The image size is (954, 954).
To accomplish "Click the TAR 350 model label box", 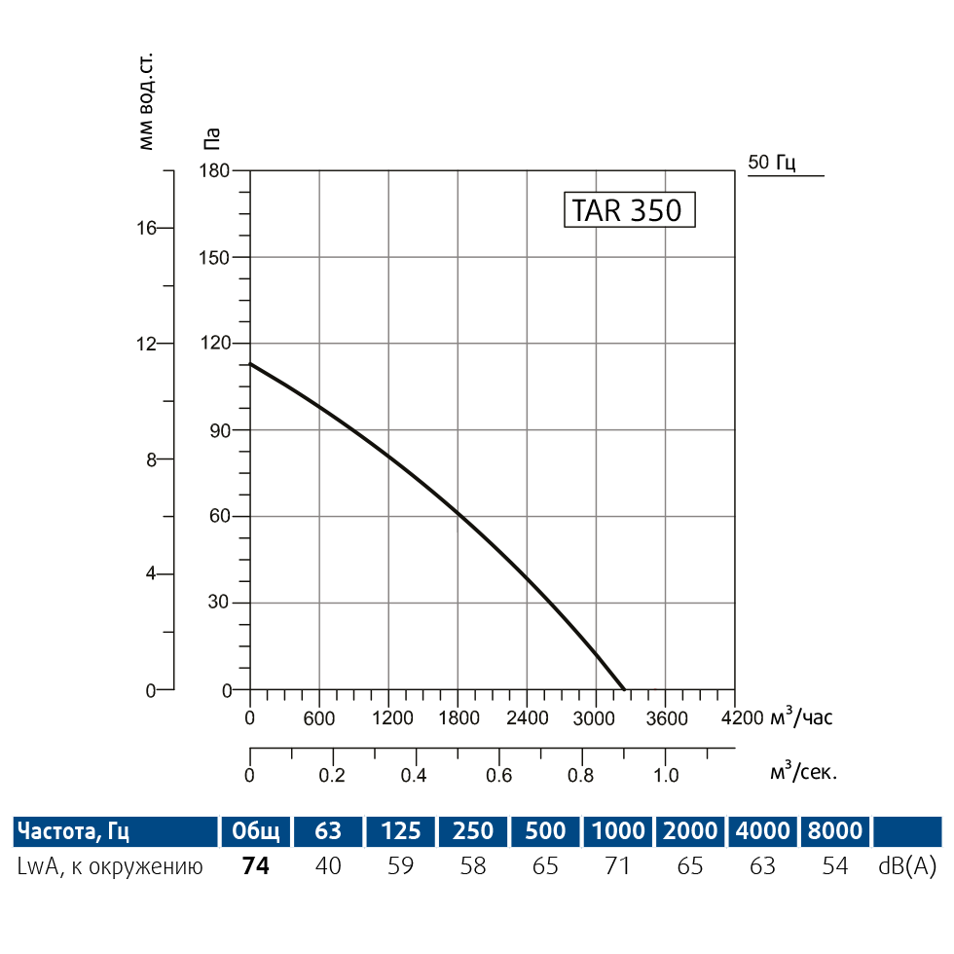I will (629, 209).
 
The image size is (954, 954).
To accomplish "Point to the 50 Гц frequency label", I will (772, 163).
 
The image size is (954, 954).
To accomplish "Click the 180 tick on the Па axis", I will (215, 171).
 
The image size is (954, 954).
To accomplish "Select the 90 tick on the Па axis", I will (219, 430).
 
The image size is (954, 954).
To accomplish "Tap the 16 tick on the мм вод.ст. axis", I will (146, 229).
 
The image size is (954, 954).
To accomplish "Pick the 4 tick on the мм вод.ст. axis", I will (151, 574).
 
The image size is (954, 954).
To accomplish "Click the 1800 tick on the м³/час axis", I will (458, 718).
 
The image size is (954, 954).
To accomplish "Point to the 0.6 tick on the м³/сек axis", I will (499, 775).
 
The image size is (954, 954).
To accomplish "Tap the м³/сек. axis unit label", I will (803, 773).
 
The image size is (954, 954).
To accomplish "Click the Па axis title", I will (211, 138).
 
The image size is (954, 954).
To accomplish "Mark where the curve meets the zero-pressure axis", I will (624, 689).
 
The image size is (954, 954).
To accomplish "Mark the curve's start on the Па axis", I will (251, 364).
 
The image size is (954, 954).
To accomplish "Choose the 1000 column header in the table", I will (618, 831).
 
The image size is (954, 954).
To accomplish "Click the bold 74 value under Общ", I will (255, 865).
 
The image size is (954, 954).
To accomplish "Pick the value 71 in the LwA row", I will (618, 865).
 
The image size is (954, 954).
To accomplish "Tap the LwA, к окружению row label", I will (110, 865).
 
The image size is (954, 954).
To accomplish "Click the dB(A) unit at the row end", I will (906, 865).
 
